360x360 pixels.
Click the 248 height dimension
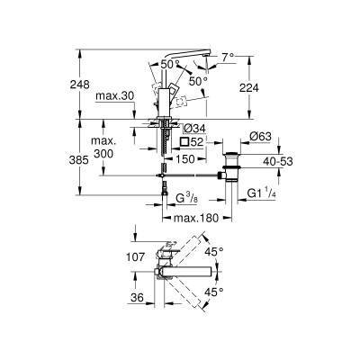coord(79,85)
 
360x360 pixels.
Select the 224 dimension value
coord(248,87)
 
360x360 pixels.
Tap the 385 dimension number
coord(79,160)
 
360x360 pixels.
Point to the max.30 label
coord(115,96)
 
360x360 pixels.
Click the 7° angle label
coord(228,57)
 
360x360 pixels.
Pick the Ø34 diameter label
coord(194,129)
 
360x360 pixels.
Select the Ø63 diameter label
coord(260,137)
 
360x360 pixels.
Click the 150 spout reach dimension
coord(184,158)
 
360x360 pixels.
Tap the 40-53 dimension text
coord(278,161)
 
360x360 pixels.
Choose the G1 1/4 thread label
coord(261,193)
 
